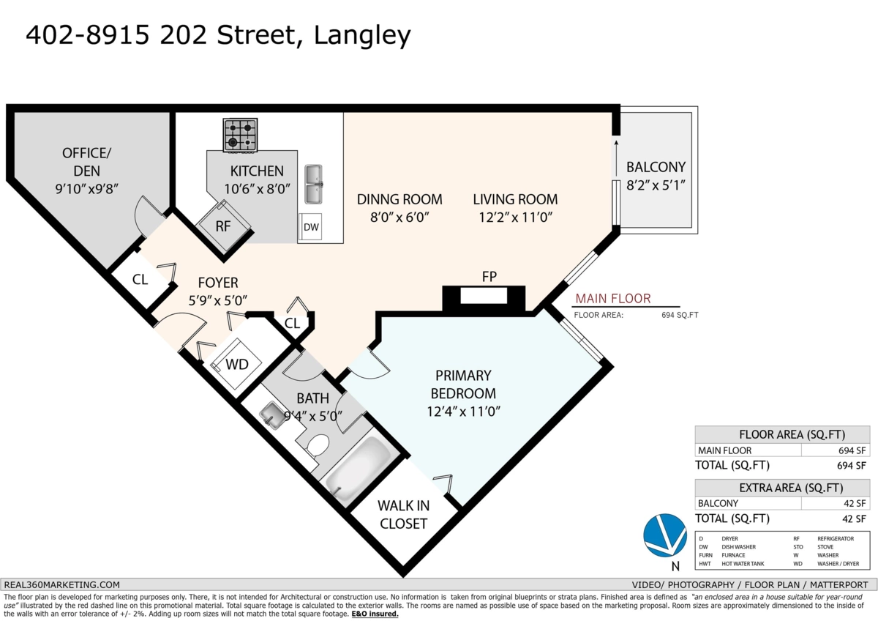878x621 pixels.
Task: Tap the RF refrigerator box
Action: pyautogui.click(x=223, y=226)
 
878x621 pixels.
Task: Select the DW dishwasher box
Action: pyautogui.click(x=312, y=227)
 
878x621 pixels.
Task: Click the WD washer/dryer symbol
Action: pyautogui.click(x=236, y=363)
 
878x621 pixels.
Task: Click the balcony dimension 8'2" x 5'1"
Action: pyautogui.click(x=656, y=186)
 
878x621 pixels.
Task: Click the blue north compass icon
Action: pyautogui.click(x=664, y=536)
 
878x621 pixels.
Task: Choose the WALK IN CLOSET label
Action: pyautogui.click(x=402, y=514)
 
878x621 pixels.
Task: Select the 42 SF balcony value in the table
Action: pyautogui.click(x=855, y=503)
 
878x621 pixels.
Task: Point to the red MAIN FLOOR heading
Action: pyautogui.click(x=613, y=299)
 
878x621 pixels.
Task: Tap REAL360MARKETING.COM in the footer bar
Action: pyautogui.click(x=62, y=584)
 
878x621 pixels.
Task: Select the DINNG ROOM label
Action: pyautogui.click(x=399, y=199)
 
